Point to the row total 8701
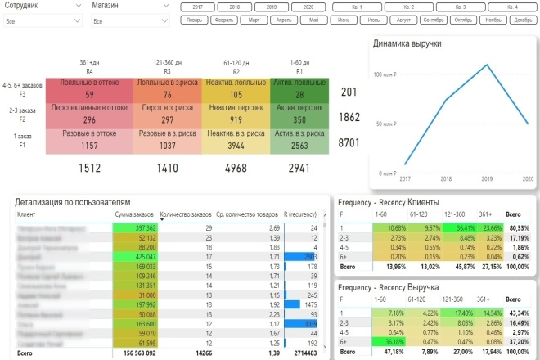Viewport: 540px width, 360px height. click(x=350, y=143)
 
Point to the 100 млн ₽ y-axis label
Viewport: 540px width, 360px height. click(x=382, y=74)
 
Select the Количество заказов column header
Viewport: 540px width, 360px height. click(x=187, y=215)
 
